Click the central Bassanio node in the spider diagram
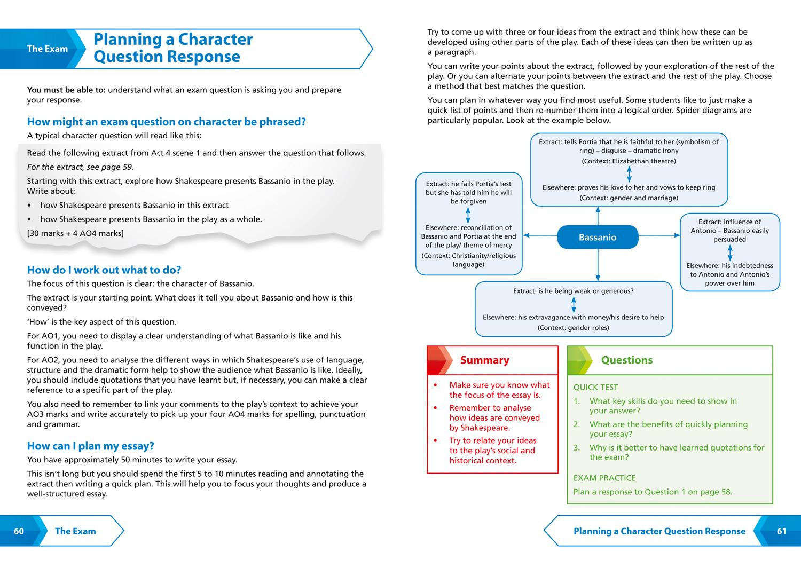(x=598, y=238)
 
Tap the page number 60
(x=19, y=531)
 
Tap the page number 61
(x=782, y=531)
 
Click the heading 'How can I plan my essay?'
(x=90, y=446)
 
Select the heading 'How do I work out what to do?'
(x=104, y=270)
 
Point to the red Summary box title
(x=484, y=360)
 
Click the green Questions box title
(x=626, y=360)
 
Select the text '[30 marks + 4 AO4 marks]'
(x=75, y=233)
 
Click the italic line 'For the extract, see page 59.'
(x=80, y=167)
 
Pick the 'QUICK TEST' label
(x=595, y=388)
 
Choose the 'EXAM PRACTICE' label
(x=604, y=478)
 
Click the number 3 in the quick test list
(x=577, y=448)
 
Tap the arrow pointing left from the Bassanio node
(x=539, y=235)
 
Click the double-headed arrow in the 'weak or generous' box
(x=574, y=304)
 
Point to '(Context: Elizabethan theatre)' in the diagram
(x=629, y=161)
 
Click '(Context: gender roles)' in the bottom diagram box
(x=573, y=328)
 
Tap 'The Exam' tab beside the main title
(x=48, y=49)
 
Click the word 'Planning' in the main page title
(x=127, y=40)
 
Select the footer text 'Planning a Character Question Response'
(x=659, y=531)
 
